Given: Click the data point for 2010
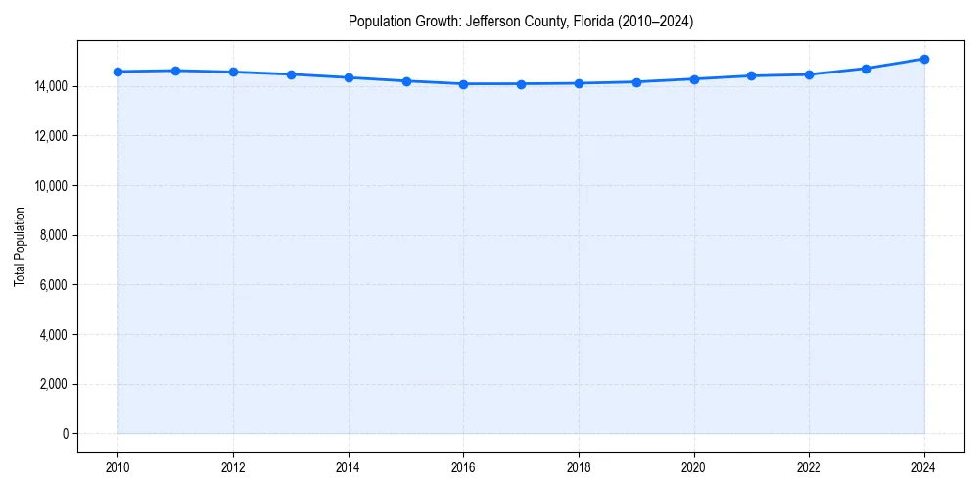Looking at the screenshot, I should (117, 72).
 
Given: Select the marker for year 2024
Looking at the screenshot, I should (924, 59).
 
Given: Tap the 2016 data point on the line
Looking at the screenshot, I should (463, 84).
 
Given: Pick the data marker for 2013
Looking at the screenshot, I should (291, 74).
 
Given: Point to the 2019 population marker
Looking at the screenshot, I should (636, 82).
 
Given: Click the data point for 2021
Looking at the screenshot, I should (751, 75).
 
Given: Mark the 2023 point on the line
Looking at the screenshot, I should (866, 69).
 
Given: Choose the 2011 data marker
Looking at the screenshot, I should (175, 71).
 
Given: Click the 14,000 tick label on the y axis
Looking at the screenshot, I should (50, 86).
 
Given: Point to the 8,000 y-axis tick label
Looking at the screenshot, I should (53, 235).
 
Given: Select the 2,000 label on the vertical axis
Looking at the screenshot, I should (53, 384).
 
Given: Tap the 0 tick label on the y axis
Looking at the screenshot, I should (65, 434).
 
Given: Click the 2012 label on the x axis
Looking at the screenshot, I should (233, 466).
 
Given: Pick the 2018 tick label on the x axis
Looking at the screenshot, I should (579, 466).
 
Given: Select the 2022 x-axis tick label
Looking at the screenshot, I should (809, 466).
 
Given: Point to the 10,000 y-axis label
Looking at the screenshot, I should (50, 186).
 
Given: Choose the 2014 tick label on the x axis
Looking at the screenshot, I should (349, 466).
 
